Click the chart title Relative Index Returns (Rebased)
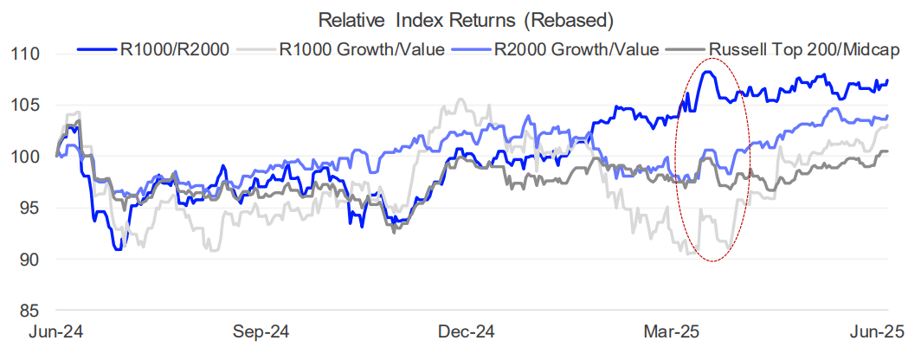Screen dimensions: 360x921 tap(460, 19)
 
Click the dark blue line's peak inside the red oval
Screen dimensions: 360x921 tap(708, 73)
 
